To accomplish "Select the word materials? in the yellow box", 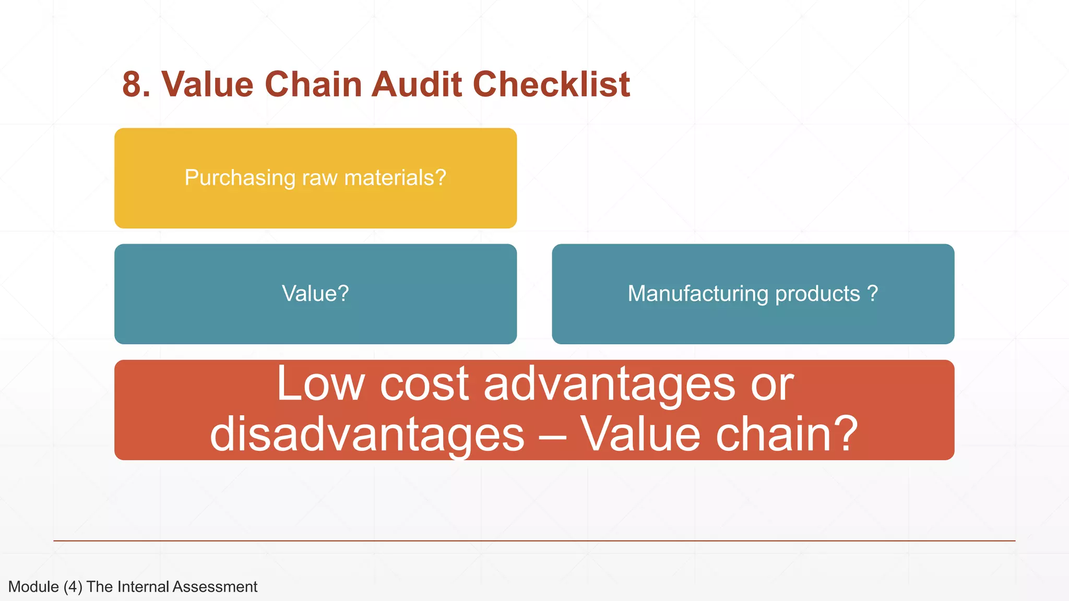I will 395,178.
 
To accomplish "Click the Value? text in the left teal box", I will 315,294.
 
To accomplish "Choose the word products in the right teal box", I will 817,294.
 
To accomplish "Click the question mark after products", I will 873,294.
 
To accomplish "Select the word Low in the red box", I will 320,384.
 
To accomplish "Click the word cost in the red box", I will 424,385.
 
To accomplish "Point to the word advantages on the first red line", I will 609,385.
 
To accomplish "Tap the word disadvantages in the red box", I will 367,434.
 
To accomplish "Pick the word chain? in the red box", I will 787,434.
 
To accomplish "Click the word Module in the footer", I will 33,587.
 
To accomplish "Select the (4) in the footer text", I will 73,587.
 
